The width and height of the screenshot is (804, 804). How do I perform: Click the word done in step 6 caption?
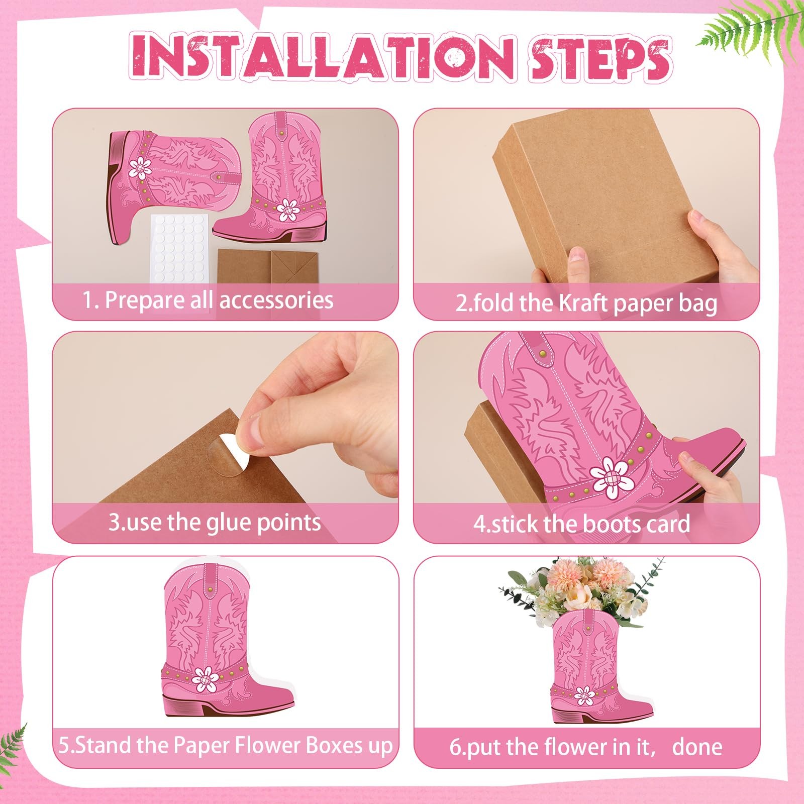tap(697, 747)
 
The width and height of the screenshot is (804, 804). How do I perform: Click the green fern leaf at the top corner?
tap(754, 25)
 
